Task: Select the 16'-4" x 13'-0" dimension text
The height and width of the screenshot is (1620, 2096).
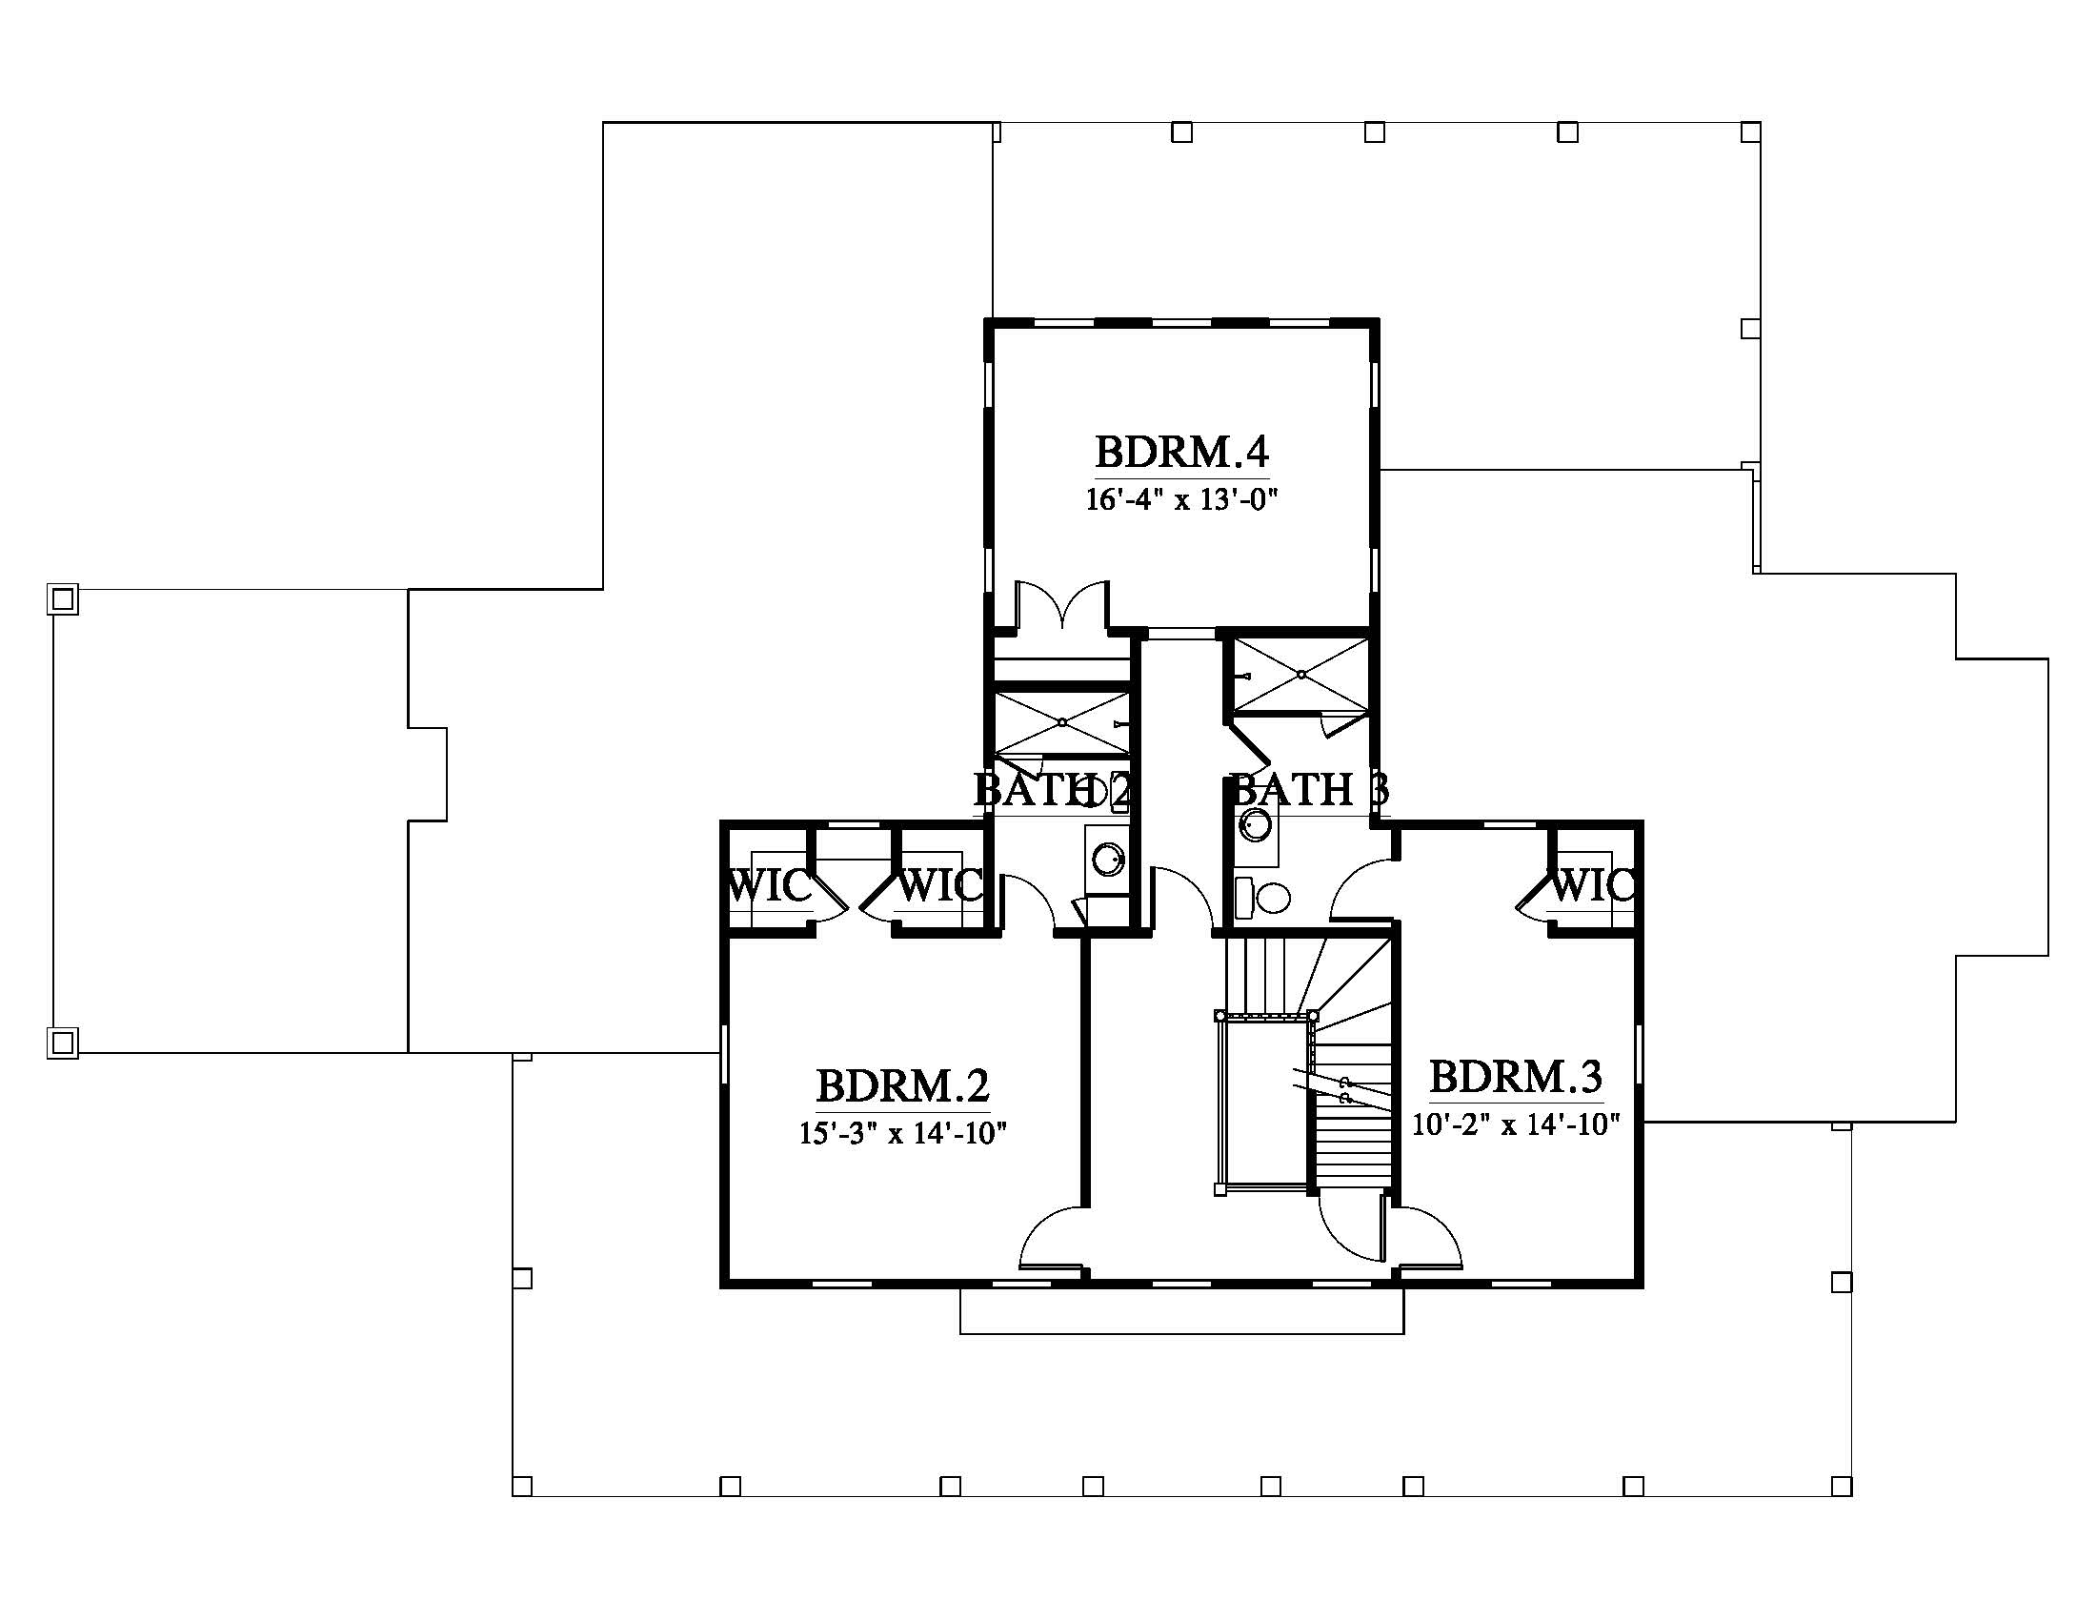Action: (1183, 499)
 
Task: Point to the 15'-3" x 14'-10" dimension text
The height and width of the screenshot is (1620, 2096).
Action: (902, 1132)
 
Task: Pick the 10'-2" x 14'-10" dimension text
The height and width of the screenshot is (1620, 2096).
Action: (1516, 1123)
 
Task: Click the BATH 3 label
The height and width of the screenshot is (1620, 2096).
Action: (1309, 789)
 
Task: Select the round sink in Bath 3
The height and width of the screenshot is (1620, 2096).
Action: (1256, 824)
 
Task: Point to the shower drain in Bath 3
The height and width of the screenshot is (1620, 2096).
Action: (1301, 675)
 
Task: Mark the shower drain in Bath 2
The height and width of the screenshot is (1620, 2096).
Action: (1062, 721)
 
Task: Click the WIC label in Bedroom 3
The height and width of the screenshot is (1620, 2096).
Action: (1591, 885)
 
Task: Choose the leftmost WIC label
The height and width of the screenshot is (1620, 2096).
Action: (769, 885)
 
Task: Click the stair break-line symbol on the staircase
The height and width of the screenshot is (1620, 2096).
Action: (1341, 1088)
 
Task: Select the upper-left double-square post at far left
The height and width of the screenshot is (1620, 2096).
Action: (63, 599)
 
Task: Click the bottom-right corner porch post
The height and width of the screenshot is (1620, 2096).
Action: (1841, 1486)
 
